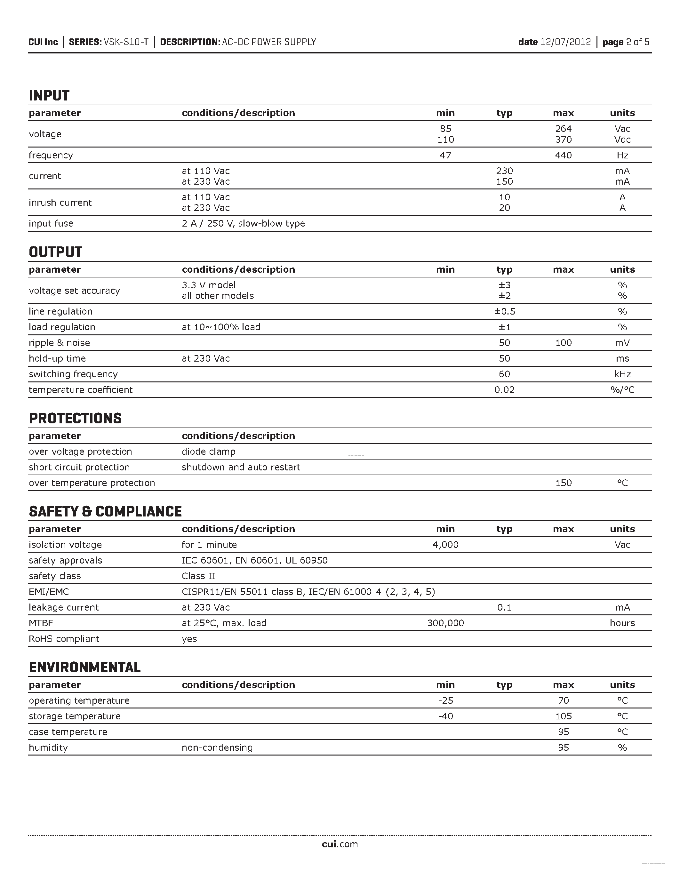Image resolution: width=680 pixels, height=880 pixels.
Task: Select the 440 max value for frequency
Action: coord(563,155)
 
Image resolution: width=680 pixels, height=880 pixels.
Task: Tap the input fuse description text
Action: coord(243,223)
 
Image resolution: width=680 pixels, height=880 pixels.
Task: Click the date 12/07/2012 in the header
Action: coord(565,42)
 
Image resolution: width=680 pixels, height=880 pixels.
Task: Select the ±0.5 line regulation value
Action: coord(504,311)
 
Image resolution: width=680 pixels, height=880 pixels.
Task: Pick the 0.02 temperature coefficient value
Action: coord(504,390)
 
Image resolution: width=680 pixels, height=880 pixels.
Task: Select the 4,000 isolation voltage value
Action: coord(445,545)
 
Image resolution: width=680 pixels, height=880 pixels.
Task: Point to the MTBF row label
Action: coord(41,623)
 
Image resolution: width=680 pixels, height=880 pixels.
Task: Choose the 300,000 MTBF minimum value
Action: coord(445,623)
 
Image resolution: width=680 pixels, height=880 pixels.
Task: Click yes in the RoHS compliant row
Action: coord(189,639)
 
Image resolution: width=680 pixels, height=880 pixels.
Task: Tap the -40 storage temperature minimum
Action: coord(445,716)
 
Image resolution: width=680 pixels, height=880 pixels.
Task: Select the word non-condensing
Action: coord(217,748)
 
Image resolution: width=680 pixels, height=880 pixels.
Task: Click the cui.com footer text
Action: coord(340,844)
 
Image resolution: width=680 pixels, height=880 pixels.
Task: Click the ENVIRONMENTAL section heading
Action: coord(84,667)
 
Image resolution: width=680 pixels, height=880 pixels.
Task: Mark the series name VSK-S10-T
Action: coord(126,42)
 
